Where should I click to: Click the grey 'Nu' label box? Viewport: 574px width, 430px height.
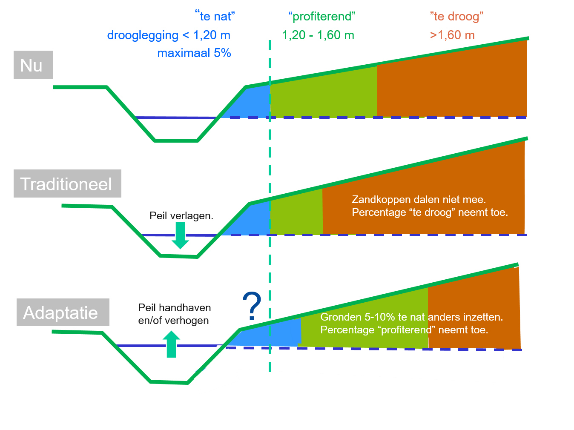coord(33,65)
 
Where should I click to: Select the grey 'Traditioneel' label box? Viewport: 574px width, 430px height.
coord(67,183)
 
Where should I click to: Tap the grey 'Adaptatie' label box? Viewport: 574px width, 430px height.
coord(63,312)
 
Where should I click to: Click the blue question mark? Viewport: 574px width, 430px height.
coord(251,306)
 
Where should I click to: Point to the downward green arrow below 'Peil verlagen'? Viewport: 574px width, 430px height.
coord(180,235)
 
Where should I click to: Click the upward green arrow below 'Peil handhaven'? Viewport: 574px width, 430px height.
coord(171,344)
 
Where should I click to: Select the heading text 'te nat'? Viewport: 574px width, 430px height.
coord(215,16)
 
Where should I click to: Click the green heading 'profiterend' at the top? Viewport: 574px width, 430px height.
coord(322,17)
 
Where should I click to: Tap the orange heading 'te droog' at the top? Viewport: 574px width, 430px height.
coord(456,17)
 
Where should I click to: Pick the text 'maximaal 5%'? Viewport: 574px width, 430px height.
coord(194,53)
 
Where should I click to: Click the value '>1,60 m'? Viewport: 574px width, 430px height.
coord(452,35)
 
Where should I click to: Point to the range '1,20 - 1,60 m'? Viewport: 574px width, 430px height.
coord(318,35)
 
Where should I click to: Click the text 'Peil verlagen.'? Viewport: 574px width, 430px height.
coord(181,216)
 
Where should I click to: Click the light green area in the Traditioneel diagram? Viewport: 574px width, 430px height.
coord(296,213)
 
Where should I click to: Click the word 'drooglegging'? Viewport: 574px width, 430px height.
coord(143,35)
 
